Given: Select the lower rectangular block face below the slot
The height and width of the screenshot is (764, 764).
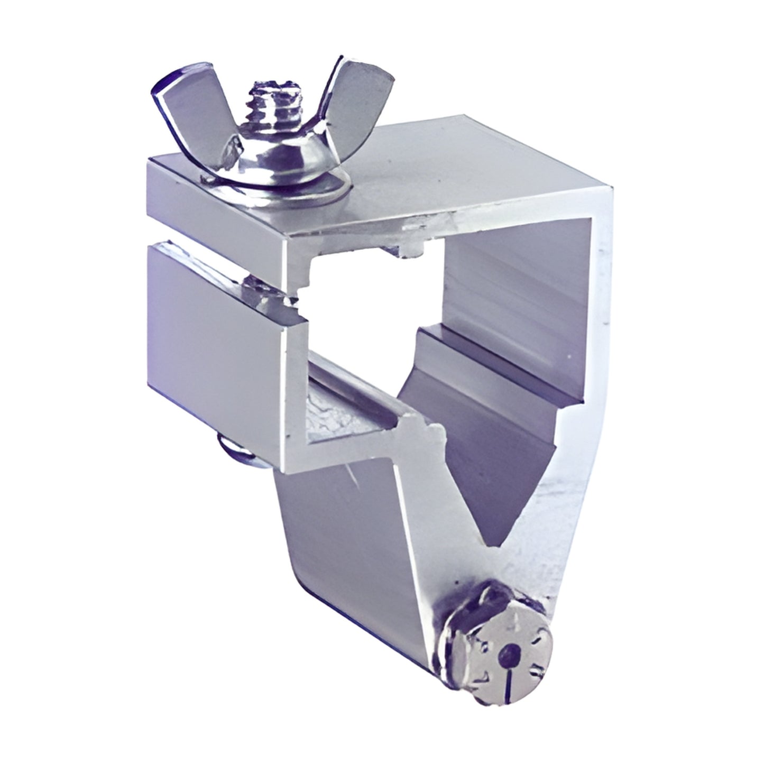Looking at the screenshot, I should tap(217, 328).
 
